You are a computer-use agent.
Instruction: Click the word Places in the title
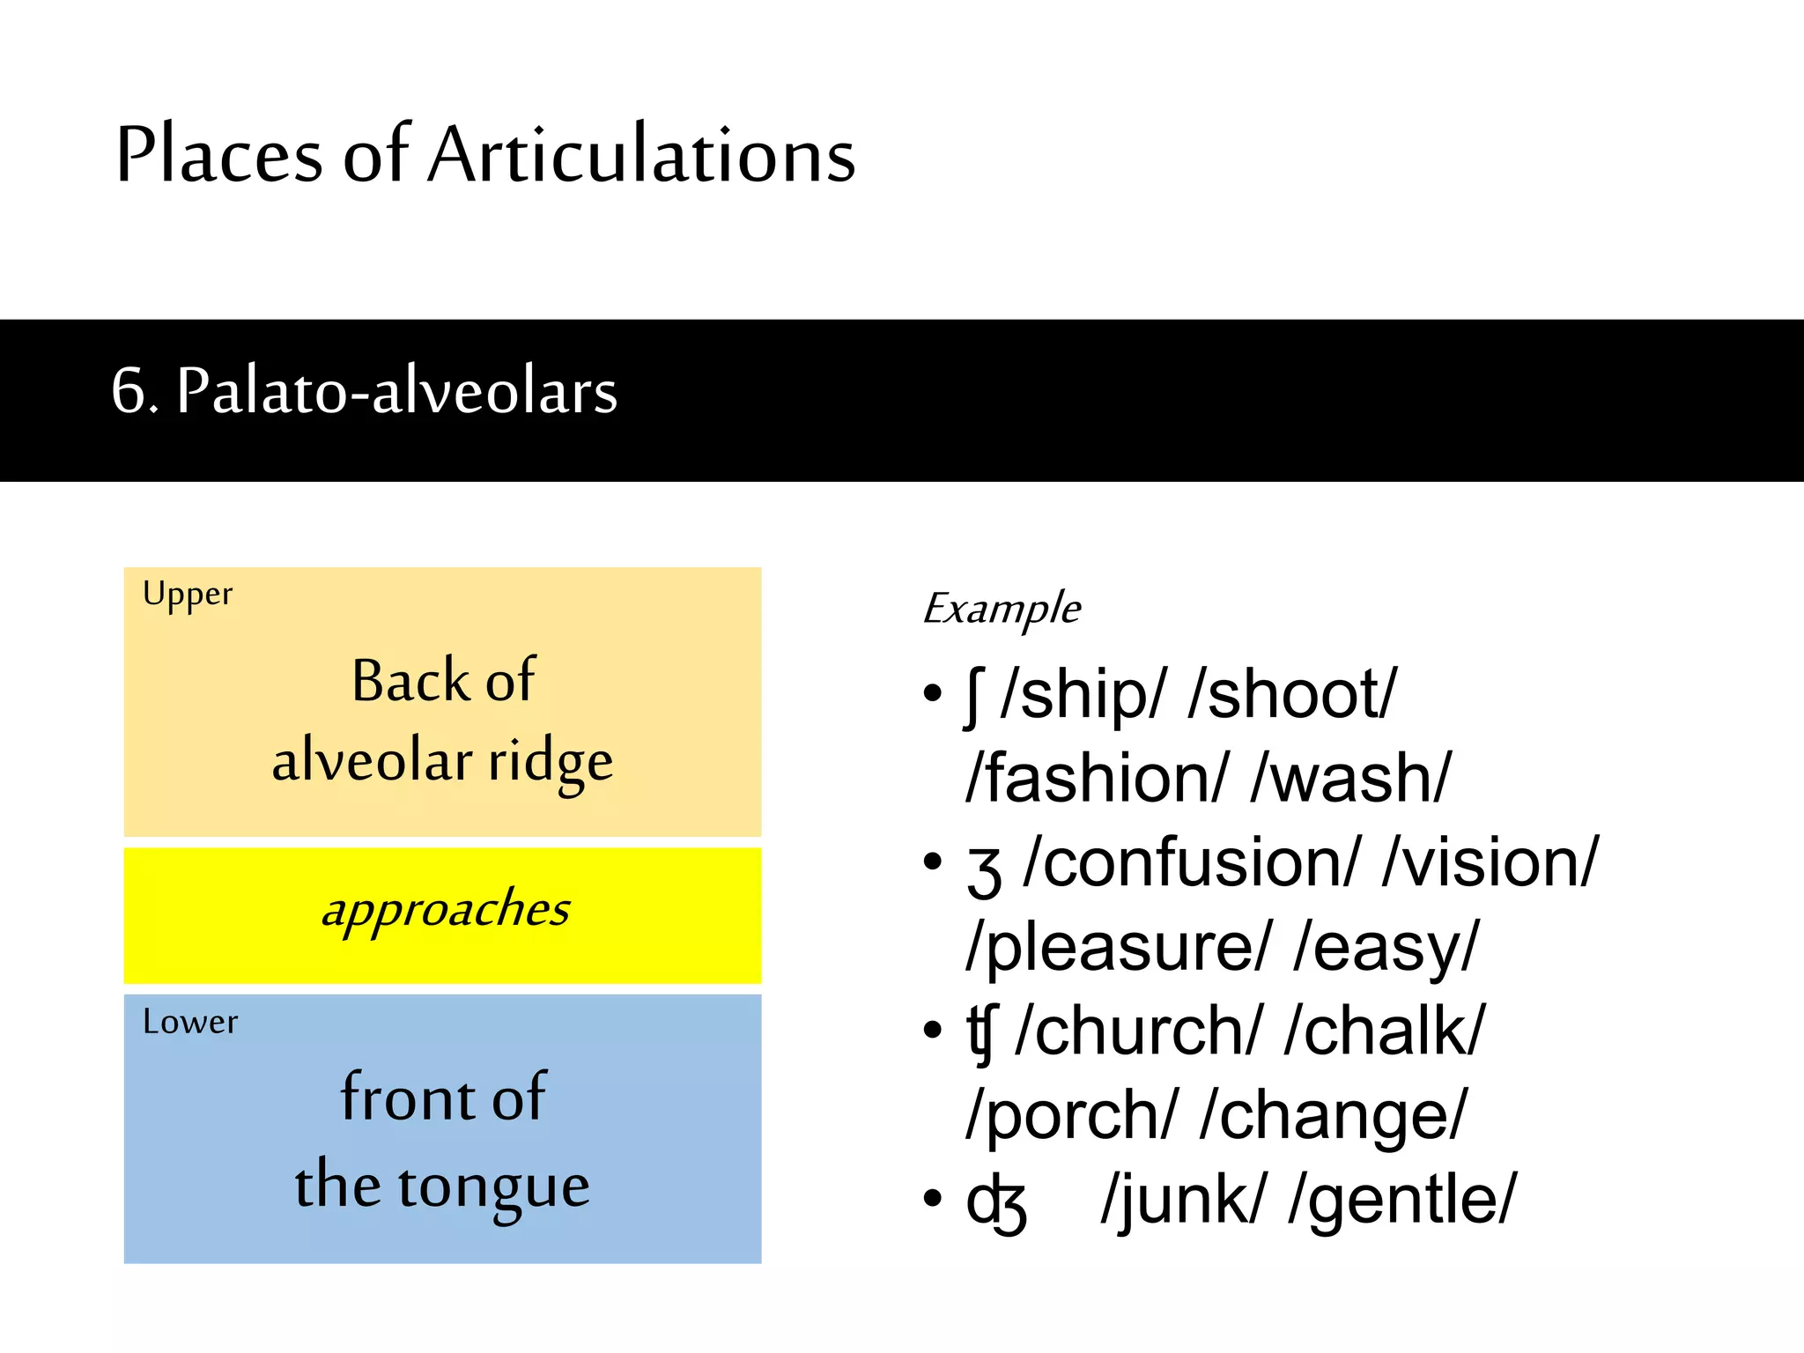[x=219, y=155]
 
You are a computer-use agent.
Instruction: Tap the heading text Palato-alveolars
[x=396, y=390]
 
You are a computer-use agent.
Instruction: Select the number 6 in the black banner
[x=129, y=390]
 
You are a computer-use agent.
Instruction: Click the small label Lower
[x=190, y=1022]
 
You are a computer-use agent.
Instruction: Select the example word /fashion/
[x=1097, y=779]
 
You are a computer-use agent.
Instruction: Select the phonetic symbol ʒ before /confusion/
[x=984, y=869]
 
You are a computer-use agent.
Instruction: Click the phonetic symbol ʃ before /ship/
[x=973, y=699]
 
